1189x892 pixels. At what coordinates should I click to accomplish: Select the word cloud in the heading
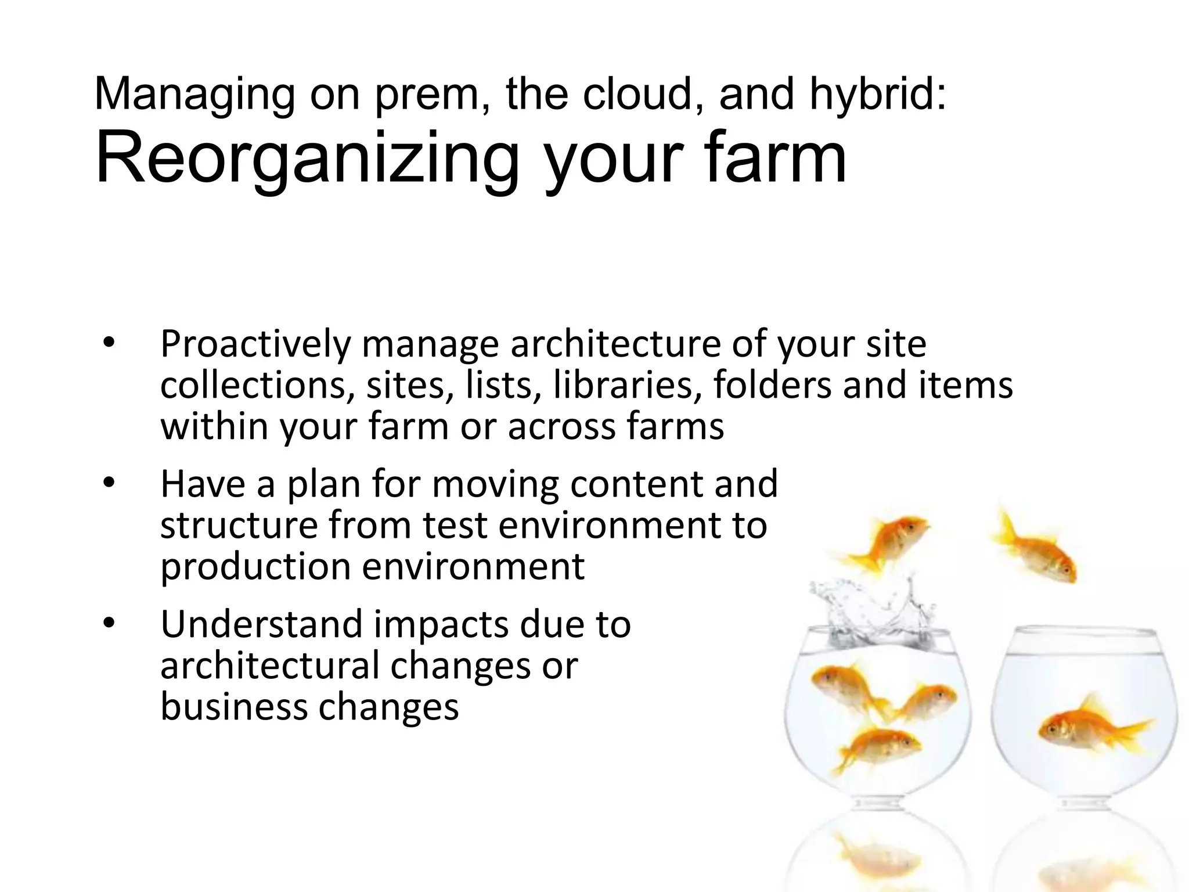pos(638,94)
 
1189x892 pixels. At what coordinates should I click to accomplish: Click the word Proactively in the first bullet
pos(255,344)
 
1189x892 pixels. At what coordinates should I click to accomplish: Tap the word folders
pos(772,385)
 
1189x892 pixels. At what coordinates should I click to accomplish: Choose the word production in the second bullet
pos(255,566)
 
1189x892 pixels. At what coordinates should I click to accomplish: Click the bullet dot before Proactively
pos(109,343)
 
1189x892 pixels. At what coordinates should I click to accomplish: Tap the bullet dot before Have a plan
pos(109,483)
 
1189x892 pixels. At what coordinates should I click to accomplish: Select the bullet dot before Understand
pos(109,624)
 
